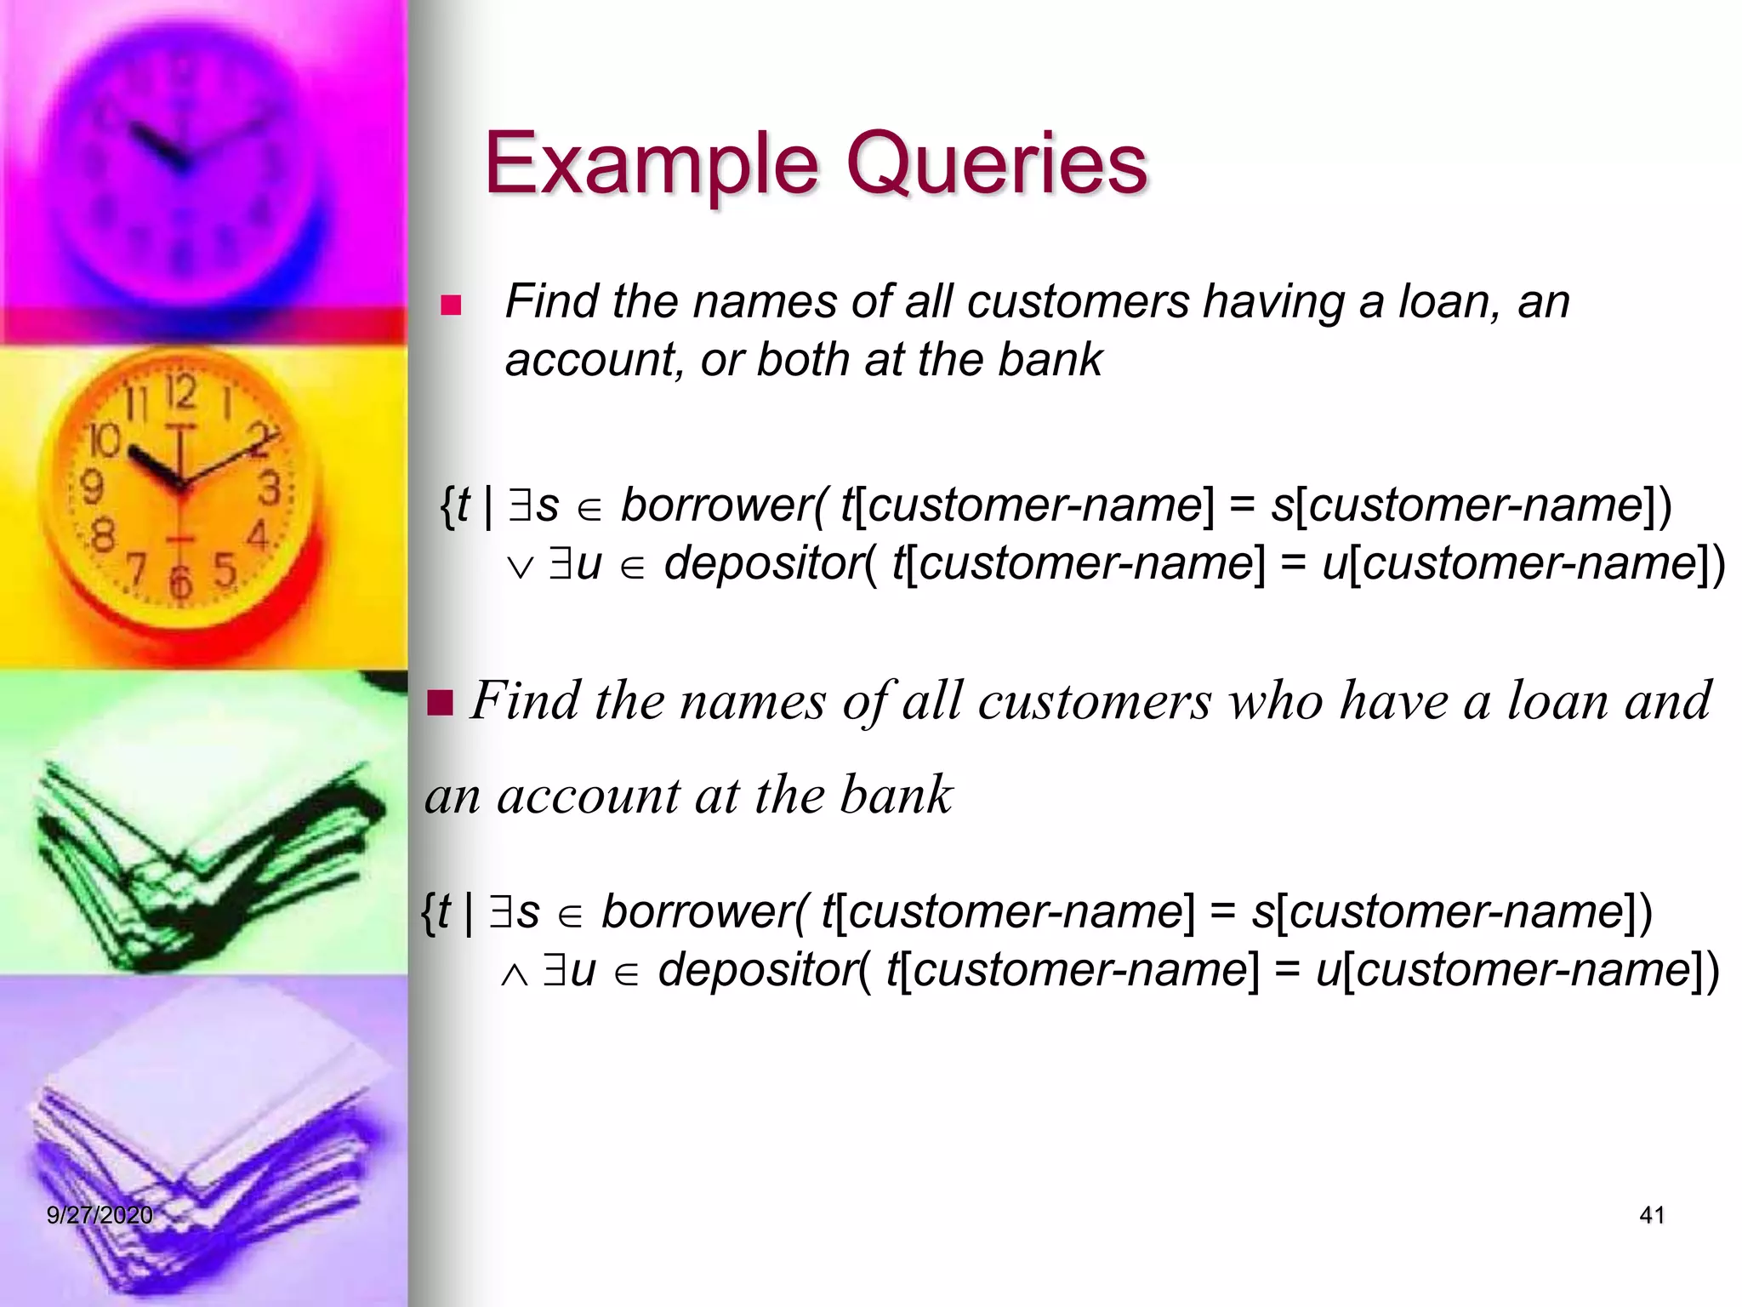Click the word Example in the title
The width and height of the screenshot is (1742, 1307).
(x=650, y=163)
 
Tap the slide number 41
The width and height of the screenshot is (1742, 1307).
(x=1651, y=1215)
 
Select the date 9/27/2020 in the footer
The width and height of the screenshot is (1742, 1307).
(x=100, y=1215)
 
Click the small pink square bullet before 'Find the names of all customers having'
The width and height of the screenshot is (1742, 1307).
(x=451, y=305)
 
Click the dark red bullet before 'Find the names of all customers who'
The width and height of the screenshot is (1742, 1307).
(x=441, y=703)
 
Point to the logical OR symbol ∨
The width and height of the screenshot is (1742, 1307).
(x=520, y=568)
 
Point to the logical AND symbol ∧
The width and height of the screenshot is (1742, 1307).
(x=514, y=975)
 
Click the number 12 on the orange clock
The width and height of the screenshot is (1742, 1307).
(x=180, y=394)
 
